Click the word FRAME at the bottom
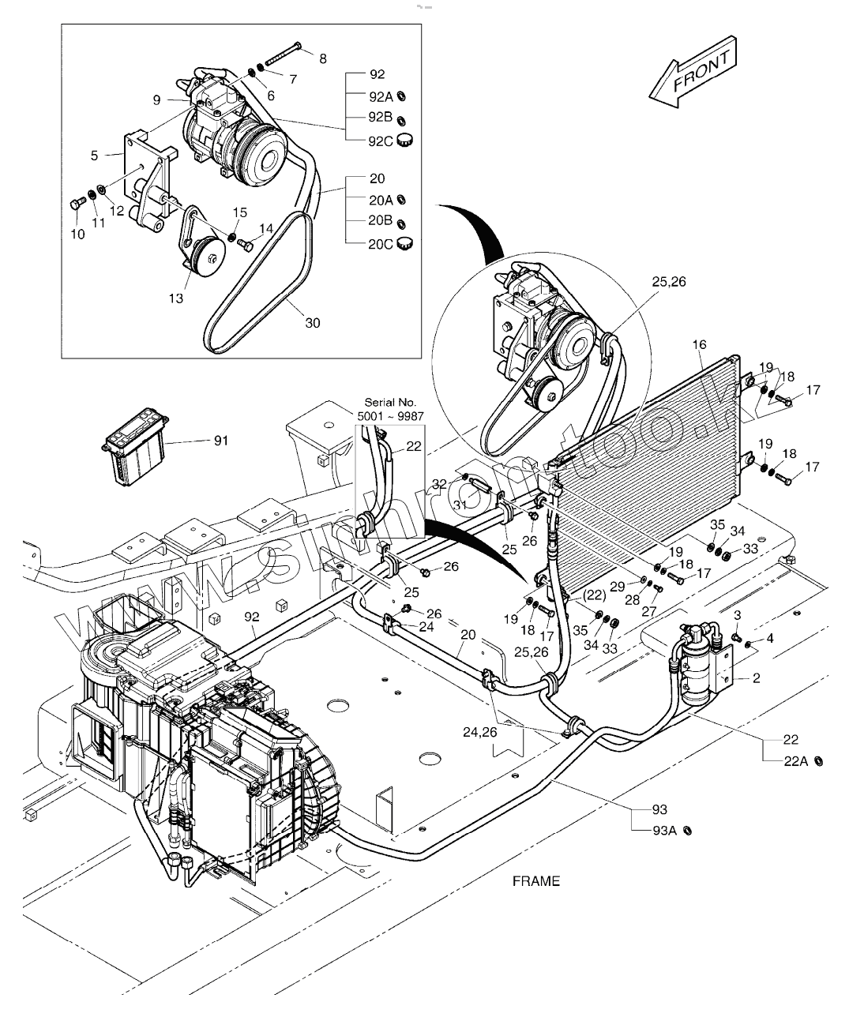click(x=535, y=880)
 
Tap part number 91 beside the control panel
click(x=221, y=441)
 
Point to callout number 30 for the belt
click(x=313, y=322)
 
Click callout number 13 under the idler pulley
click(x=175, y=298)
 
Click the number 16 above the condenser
click(x=700, y=344)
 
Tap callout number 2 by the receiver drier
click(x=757, y=677)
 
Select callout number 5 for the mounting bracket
click(x=95, y=156)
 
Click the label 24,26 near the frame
click(x=480, y=732)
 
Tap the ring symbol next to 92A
click(x=402, y=96)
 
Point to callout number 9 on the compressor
click(x=156, y=99)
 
